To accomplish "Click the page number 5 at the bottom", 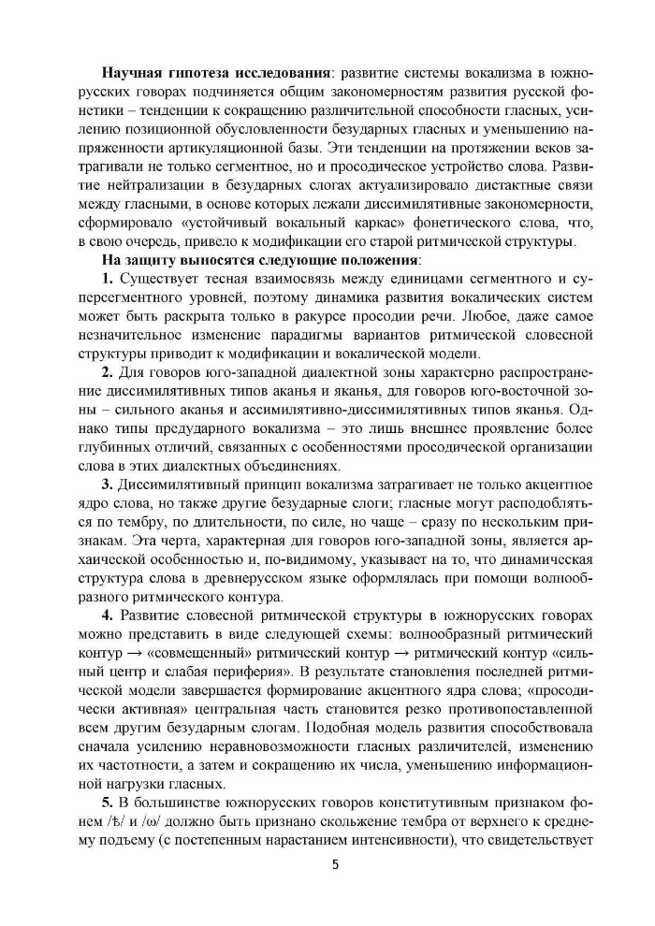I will tap(335, 863).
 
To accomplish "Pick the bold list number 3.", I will tap(108, 485).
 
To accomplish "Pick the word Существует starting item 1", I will tap(161, 279).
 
